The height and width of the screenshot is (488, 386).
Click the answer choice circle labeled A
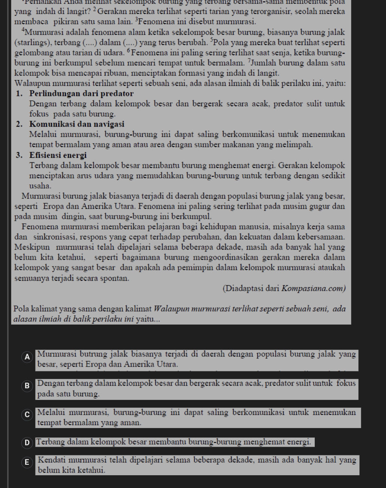click(x=27, y=358)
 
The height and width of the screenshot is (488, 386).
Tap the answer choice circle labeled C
click(x=27, y=415)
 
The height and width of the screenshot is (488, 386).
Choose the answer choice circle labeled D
click(x=27, y=443)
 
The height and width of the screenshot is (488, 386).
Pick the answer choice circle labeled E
click(x=27, y=463)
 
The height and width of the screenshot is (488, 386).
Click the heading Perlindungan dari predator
click(x=81, y=93)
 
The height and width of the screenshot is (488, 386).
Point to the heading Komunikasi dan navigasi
click(x=76, y=124)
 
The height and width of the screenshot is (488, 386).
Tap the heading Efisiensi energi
click(x=58, y=155)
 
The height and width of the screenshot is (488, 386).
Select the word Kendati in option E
click(x=51, y=460)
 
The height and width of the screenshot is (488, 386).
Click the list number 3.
click(x=19, y=155)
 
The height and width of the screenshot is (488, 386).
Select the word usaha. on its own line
click(x=40, y=186)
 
